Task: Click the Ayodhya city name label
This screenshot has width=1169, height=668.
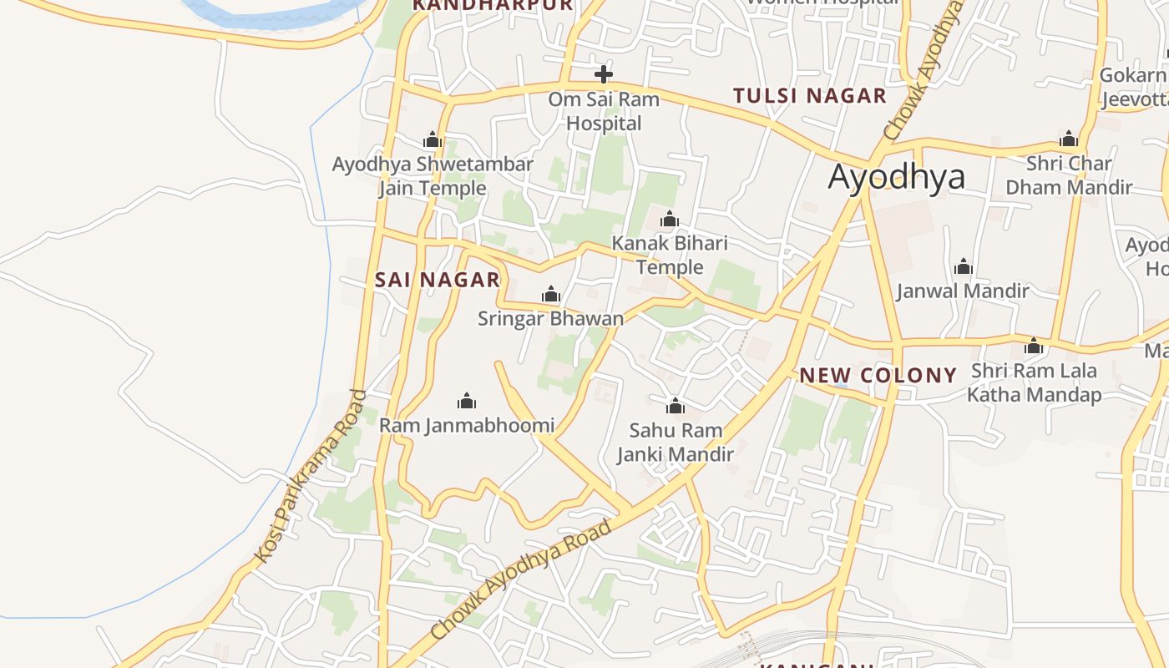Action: (x=896, y=177)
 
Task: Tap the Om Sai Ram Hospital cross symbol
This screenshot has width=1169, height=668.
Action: (x=603, y=74)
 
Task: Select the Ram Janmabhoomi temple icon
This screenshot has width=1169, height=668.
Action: (x=467, y=402)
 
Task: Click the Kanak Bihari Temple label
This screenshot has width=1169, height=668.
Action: (x=670, y=256)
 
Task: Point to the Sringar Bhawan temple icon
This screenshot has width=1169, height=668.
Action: (x=550, y=295)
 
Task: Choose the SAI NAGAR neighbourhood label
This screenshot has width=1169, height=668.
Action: (x=438, y=280)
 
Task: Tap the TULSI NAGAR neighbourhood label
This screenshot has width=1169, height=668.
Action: (x=809, y=96)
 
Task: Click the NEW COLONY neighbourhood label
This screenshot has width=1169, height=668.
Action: (x=878, y=376)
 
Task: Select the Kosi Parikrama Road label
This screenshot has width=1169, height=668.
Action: (x=311, y=476)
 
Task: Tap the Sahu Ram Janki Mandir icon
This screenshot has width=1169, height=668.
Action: (x=675, y=407)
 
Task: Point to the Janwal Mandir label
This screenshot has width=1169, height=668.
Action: (x=963, y=291)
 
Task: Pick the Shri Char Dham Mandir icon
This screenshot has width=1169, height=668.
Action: (x=1068, y=139)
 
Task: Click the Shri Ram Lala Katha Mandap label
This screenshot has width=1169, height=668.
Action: (x=1034, y=382)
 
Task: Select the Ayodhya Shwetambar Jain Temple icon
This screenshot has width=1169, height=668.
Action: (x=432, y=139)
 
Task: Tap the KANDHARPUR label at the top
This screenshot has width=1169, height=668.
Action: (x=493, y=5)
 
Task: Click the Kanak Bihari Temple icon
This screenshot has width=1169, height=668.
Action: (x=669, y=220)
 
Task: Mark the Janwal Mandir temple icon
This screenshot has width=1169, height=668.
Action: (x=964, y=267)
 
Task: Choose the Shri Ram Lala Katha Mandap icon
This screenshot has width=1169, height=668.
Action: (x=1034, y=346)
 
